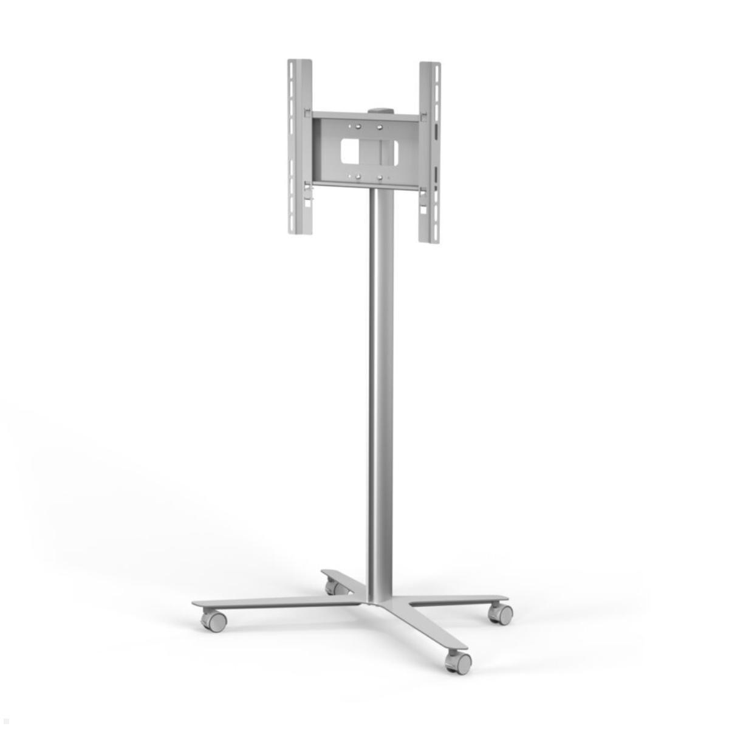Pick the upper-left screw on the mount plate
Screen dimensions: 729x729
click(357, 126)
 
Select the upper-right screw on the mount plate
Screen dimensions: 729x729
click(380, 127)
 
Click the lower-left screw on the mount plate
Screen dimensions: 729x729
click(358, 177)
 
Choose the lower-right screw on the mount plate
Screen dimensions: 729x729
click(380, 178)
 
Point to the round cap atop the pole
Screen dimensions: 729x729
click(377, 111)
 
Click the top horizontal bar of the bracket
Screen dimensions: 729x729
click(364, 115)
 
